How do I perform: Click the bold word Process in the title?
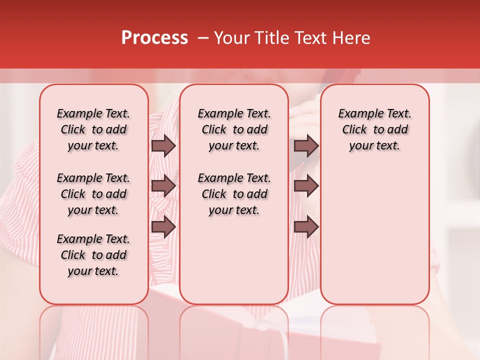point(154,38)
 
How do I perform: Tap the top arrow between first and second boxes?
point(163,146)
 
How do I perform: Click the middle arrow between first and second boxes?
point(163,186)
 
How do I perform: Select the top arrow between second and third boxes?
point(306,146)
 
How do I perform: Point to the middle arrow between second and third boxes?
point(306,186)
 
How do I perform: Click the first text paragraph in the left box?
point(93,129)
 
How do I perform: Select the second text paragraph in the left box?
point(93,194)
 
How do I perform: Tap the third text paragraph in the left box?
point(93,255)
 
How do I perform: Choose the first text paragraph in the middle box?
point(234,129)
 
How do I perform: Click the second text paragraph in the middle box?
point(234,194)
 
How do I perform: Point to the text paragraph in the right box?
point(374,129)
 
